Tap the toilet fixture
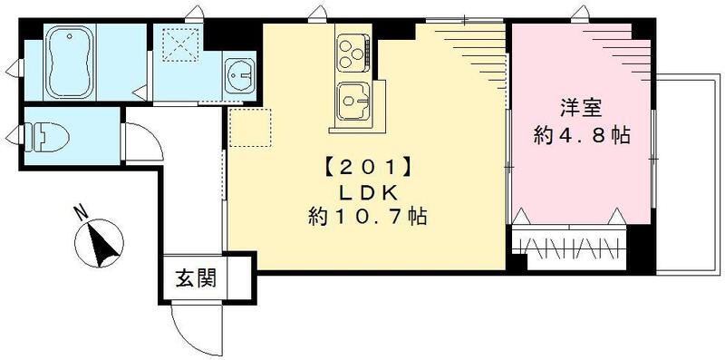pos(53,137)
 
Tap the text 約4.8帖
pos(581,137)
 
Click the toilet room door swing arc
pos(143,146)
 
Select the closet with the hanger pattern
pos(570,246)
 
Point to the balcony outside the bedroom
pos(681,172)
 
